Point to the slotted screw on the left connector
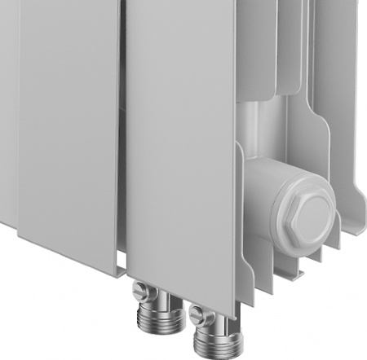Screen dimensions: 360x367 [141, 289]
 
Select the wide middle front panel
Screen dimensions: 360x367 [69, 122]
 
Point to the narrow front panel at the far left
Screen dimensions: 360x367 [8, 106]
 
